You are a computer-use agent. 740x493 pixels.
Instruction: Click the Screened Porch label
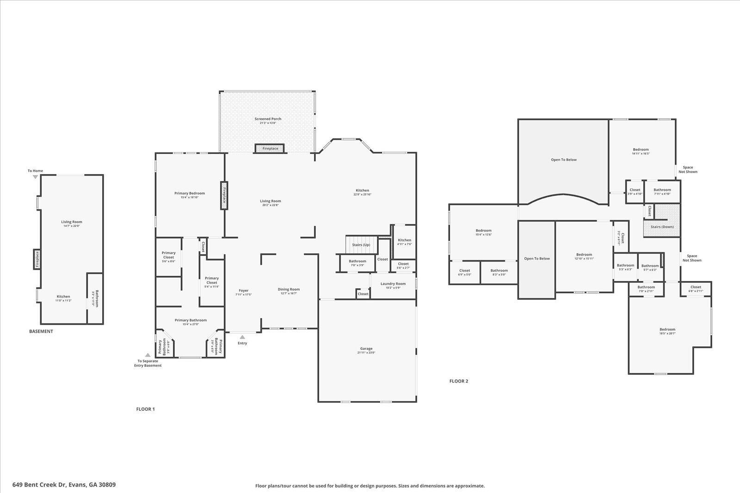[x=268, y=121]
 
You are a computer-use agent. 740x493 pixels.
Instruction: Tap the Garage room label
[x=366, y=350]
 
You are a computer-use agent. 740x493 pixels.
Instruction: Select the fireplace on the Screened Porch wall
[x=270, y=148]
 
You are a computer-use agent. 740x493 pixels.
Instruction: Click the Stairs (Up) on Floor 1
[x=361, y=244]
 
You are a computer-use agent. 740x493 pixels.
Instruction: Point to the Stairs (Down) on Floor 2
[x=662, y=227]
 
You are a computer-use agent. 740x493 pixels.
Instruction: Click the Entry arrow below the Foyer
[x=242, y=337]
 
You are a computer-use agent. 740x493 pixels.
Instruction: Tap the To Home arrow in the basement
[x=35, y=177]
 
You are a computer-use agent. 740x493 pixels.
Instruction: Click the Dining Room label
[x=289, y=291]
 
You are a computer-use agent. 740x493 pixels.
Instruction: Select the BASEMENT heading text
[x=41, y=331]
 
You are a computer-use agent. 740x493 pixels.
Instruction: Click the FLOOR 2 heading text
[x=459, y=381]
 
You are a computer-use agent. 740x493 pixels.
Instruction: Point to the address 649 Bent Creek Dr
[x=64, y=485]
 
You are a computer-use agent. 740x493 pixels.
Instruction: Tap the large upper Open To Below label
[x=564, y=160]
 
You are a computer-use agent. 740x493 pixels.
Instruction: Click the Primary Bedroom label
[x=189, y=195]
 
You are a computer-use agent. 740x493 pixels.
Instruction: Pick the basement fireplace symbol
[x=37, y=259]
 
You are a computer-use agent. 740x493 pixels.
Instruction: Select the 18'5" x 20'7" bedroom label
[x=667, y=331]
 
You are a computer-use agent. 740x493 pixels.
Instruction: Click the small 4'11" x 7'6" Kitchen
[x=404, y=242]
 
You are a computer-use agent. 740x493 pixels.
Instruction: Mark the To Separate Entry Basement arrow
[x=148, y=355]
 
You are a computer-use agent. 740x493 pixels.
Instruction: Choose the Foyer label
[x=243, y=292]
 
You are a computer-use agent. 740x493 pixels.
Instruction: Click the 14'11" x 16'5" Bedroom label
[x=641, y=151]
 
